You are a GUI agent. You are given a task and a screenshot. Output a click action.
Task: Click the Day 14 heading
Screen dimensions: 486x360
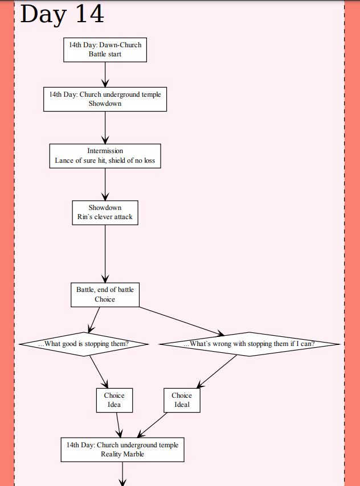pyautogui.click(x=62, y=14)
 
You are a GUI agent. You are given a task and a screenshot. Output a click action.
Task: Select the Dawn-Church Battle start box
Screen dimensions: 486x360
pyautogui.click(x=105, y=50)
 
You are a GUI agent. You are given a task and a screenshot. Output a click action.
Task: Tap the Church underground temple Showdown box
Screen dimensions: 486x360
pyautogui.click(x=105, y=99)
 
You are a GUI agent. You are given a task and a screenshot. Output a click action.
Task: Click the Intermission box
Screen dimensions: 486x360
pyautogui.click(x=105, y=156)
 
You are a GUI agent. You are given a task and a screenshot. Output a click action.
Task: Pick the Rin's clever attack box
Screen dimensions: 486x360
pyautogui.click(x=105, y=212)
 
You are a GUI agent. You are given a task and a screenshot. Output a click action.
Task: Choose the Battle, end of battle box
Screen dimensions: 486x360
pyautogui.click(x=105, y=295)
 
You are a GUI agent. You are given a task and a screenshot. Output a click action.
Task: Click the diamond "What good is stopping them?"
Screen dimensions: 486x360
pyautogui.click(x=84, y=344)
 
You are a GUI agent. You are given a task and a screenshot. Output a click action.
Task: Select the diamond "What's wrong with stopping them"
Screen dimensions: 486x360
pyautogui.click(x=249, y=344)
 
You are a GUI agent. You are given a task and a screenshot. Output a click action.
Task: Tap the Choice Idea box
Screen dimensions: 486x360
pyautogui.click(x=114, y=400)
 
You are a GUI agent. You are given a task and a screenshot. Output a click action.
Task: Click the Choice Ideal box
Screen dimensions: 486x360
pyautogui.click(x=182, y=400)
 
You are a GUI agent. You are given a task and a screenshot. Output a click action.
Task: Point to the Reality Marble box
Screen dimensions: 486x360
pyautogui.click(x=122, y=450)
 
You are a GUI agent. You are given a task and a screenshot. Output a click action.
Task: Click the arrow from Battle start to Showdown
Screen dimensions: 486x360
pyautogui.click(x=105, y=74)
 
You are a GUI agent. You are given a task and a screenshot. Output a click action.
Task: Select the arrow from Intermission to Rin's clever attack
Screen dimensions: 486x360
pyautogui.click(x=105, y=184)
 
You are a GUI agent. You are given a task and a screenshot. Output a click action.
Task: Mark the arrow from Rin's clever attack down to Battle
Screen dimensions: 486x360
pyautogui.click(x=105, y=253)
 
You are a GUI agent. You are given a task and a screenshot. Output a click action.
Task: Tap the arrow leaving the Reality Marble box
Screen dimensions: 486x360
pyautogui.click(x=122, y=473)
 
